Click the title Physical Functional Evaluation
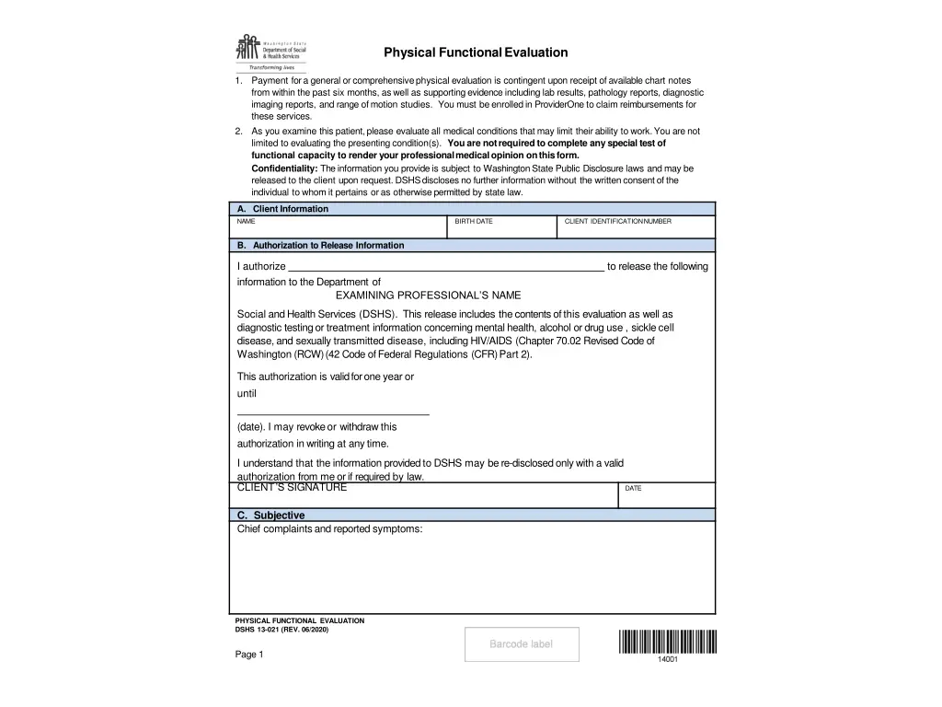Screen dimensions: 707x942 476,52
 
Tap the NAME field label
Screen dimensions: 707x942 246,222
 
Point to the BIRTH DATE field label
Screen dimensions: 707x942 474,222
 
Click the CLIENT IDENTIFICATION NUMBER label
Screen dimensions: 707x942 617,222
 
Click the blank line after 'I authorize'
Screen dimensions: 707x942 445,267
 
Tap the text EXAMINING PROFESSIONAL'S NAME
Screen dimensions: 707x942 428,296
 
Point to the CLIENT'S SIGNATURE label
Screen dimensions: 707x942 292,488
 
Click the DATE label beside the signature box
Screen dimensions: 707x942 633,489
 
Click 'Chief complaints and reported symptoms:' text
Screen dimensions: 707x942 329,529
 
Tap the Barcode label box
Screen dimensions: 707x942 522,644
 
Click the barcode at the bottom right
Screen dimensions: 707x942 667,642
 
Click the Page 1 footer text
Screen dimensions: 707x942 249,655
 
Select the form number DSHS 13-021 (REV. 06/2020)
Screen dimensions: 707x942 281,630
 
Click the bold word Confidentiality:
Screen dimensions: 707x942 284,169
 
